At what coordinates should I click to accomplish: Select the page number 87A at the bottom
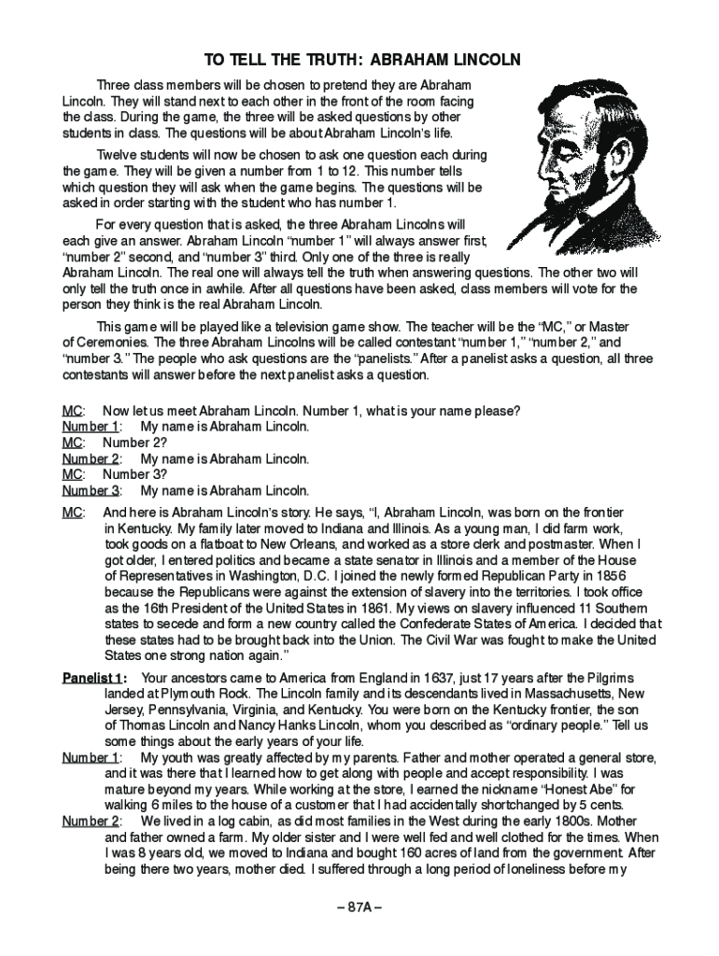click(x=359, y=908)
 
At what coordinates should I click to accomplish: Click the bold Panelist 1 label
click(x=93, y=677)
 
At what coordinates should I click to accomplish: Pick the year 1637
click(x=436, y=677)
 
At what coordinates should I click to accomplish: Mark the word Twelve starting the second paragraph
click(x=117, y=155)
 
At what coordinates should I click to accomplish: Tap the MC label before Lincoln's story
click(x=73, y=512)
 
